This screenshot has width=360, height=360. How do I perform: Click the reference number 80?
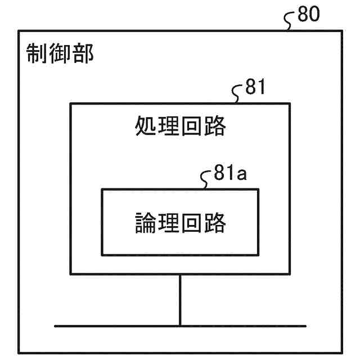pos(308,14)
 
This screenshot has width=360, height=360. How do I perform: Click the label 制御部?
pos(60,54)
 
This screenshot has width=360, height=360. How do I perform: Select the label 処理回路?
pos(181,127)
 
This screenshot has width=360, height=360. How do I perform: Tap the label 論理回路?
pos(181,222)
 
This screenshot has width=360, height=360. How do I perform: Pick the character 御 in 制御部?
pos(60,54)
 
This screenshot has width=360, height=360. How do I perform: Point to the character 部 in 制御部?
pos(83,54)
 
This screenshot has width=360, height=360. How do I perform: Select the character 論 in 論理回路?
pos(146,222)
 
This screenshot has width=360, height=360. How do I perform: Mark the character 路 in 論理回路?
pos(215,222)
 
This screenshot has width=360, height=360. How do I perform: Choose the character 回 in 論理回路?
pos(192,222)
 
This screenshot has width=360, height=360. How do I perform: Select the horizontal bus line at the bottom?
pos(112,326)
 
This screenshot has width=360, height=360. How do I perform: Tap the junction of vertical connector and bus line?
pos(180,326)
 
